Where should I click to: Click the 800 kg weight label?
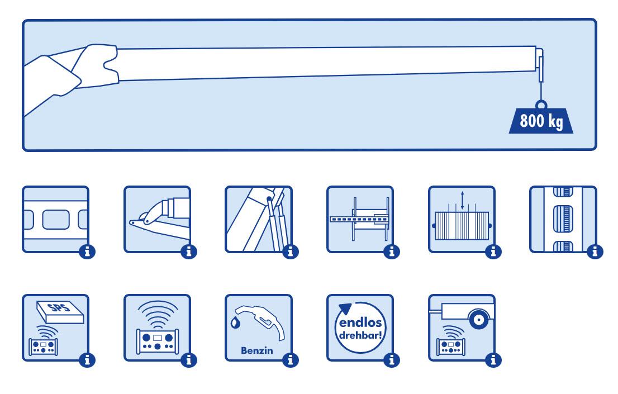click(541, 121)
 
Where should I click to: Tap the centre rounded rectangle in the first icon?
click(55, 219)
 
